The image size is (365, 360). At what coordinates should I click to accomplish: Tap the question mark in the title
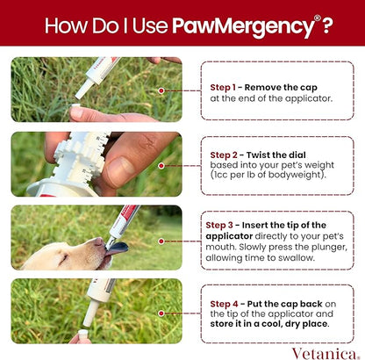[326, 24]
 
